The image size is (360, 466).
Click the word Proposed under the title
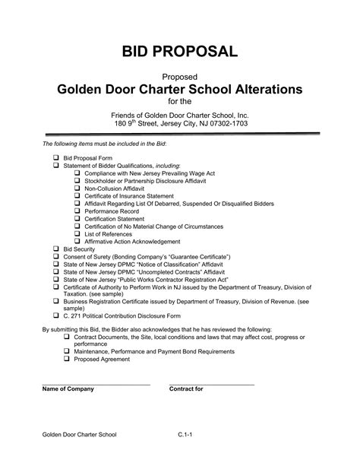coord(180,77)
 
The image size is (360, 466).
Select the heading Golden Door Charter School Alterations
coord(180,90)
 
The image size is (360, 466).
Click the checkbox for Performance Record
coord(77,211)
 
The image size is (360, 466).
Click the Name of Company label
coord(68,388)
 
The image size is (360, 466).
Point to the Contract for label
coord(187,388)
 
